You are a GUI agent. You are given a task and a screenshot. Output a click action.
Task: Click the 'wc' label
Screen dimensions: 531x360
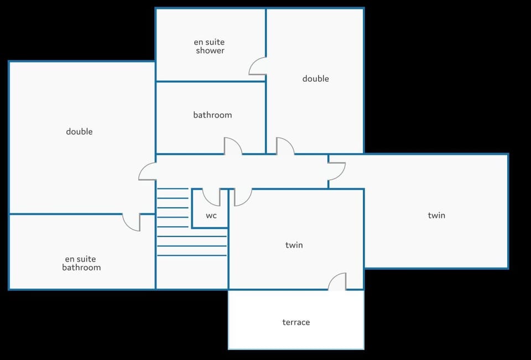(211, 216)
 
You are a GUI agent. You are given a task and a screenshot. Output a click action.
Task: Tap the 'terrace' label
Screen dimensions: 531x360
(296, 322)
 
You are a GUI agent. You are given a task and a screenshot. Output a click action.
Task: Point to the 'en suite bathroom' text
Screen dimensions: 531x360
(81, 263)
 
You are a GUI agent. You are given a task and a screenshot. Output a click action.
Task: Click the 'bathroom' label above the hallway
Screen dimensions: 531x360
(212, 115)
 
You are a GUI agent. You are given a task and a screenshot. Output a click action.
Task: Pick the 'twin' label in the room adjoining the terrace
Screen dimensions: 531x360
(294, 245)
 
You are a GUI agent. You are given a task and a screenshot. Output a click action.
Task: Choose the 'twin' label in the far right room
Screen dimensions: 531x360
(436, 215)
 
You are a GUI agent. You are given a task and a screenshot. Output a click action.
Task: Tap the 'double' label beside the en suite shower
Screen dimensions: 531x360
(316, 79)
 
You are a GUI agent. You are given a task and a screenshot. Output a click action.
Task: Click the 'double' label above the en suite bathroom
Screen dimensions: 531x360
(79, 132)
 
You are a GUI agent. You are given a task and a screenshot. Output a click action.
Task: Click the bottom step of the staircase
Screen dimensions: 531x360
(192, 255)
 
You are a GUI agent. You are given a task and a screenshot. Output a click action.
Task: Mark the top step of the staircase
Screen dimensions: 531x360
(173, 189)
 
